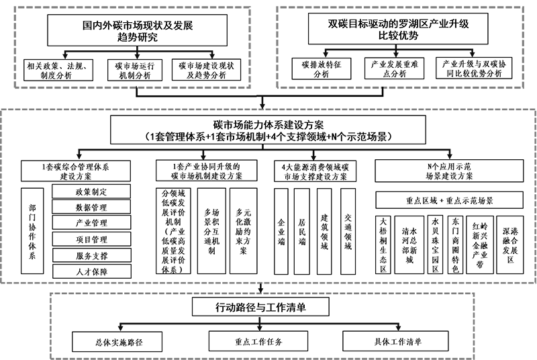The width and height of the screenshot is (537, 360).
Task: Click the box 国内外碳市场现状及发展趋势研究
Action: [x=137, y=30]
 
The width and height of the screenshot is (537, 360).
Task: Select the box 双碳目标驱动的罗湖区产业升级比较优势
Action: [x=398, y=29]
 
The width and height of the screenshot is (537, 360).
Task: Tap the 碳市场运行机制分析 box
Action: [x=135, y=71]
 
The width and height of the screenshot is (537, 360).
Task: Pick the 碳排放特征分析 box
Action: [x=322, y=69]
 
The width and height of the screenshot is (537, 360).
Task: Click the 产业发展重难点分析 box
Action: [x=394, y=69]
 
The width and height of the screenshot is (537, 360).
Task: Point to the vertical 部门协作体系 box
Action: [x=32, y=231]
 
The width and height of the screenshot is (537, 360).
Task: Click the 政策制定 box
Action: [x=91, y=191]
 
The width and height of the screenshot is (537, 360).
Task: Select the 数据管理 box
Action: [x=91, y=207]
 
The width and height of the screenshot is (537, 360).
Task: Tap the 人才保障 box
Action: [x=92, y=271]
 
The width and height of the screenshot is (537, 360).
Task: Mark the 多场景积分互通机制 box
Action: [x=211, y=231]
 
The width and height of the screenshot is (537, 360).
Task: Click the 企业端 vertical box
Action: [x=281, y=231]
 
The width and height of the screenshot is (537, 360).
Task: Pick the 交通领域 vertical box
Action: [x=348, y=231]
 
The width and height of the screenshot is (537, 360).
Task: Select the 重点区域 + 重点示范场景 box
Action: [x=449, y=200]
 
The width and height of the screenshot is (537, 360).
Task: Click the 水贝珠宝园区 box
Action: [x=435, y=244]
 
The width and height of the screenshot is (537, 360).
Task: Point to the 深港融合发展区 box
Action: [x=510, y=244]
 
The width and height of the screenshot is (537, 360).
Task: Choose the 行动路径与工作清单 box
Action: [x=260, y=307]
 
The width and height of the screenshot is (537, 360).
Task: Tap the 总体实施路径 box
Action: [x=117, y=341]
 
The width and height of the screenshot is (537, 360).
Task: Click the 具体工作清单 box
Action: [x=395, y=341]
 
